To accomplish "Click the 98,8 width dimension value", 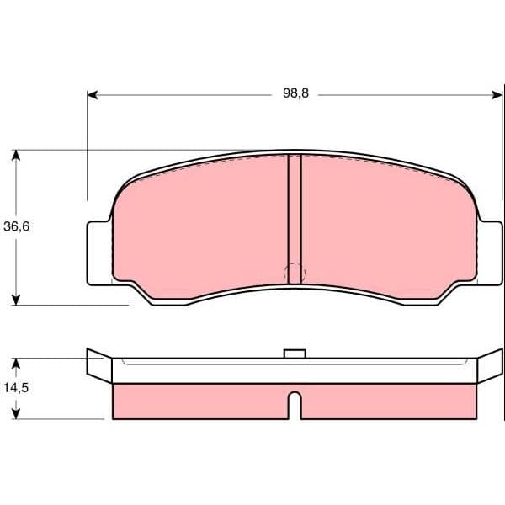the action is [x=295, y=93].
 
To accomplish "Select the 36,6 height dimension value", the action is [x=17, y=226].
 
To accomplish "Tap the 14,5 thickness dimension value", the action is [x=16, y=388].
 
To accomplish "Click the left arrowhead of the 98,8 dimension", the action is [x=93, y=95].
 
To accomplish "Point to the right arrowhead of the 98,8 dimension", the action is [x=497, y=95].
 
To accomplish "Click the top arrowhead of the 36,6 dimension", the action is [x=16, y=155].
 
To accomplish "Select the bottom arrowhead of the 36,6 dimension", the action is [x=16, y=300].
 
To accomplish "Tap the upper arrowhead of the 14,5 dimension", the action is [x=16, y=364].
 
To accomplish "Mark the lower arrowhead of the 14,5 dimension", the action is [x=16, y=414].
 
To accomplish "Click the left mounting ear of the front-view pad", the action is [x=99, y=253].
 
